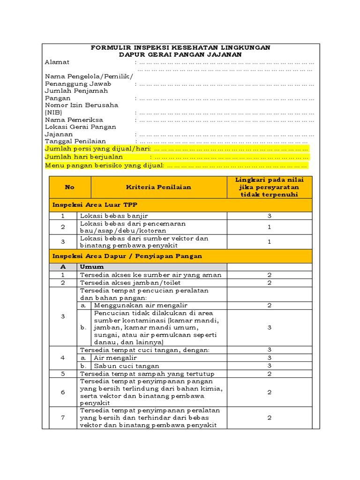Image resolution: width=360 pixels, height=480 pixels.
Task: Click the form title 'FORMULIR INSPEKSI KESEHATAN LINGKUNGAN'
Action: click(180, 48)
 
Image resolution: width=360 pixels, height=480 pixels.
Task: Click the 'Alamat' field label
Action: click(57, 62)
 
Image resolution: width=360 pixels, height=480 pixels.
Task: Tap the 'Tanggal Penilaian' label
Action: click(75, 141)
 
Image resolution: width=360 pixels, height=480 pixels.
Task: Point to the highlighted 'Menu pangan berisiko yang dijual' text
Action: click(104, 165)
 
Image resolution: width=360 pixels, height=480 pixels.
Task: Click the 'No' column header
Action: click(70, 187)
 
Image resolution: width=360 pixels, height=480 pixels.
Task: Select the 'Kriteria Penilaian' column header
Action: click(158, 187)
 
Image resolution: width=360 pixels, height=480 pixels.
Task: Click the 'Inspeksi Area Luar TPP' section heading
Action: click(94, 205)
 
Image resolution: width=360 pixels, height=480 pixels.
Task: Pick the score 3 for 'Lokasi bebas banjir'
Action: click(269, 216)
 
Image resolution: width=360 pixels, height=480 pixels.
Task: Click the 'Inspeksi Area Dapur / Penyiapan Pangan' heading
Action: click(127, 256)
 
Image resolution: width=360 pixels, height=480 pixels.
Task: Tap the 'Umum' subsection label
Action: click(92, 267)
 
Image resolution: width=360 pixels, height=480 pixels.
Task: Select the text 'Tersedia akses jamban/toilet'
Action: click(130, 283)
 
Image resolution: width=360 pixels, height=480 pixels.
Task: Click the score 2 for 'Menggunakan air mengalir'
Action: click(269, 305)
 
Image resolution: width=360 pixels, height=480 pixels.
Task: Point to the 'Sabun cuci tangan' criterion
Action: click(127, 366)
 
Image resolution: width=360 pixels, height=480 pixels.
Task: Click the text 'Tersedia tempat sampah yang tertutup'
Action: click(147, 374)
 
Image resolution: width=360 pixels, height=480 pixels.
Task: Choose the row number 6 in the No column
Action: click(63, 392)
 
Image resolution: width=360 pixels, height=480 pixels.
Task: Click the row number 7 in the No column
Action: click(63, 418)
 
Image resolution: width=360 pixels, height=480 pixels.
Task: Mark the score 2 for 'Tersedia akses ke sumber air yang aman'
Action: click(269, 275)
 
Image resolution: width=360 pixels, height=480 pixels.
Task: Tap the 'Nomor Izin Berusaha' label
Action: click(81, 105)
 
